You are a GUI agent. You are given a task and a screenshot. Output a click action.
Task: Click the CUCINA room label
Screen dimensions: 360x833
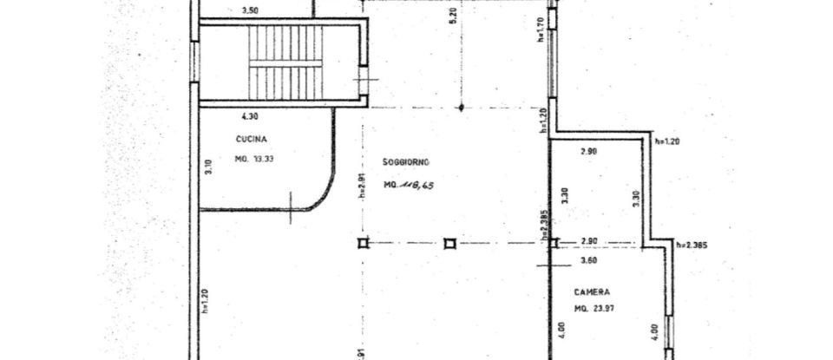point(251,140)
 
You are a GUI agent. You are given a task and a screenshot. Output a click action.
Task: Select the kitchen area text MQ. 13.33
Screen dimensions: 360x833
point(253,160)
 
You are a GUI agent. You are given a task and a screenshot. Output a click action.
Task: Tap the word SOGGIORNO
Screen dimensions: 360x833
point(406,161)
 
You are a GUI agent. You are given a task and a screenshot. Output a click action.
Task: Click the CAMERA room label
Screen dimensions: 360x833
point(590,292)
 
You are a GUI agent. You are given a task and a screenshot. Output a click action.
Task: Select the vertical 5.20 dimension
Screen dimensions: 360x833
point(453,41)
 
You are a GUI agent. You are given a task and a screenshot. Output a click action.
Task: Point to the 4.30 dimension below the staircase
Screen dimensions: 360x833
point(249,115)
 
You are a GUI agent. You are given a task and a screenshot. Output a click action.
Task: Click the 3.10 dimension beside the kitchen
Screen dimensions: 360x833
point(208,167)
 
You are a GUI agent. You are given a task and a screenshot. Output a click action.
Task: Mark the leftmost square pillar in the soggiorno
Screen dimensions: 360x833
point(363,244)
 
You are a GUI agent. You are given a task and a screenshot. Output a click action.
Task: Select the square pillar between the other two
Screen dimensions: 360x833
point(449,244)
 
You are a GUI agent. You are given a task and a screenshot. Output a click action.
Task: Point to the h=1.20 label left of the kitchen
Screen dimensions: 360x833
point(204,300)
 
